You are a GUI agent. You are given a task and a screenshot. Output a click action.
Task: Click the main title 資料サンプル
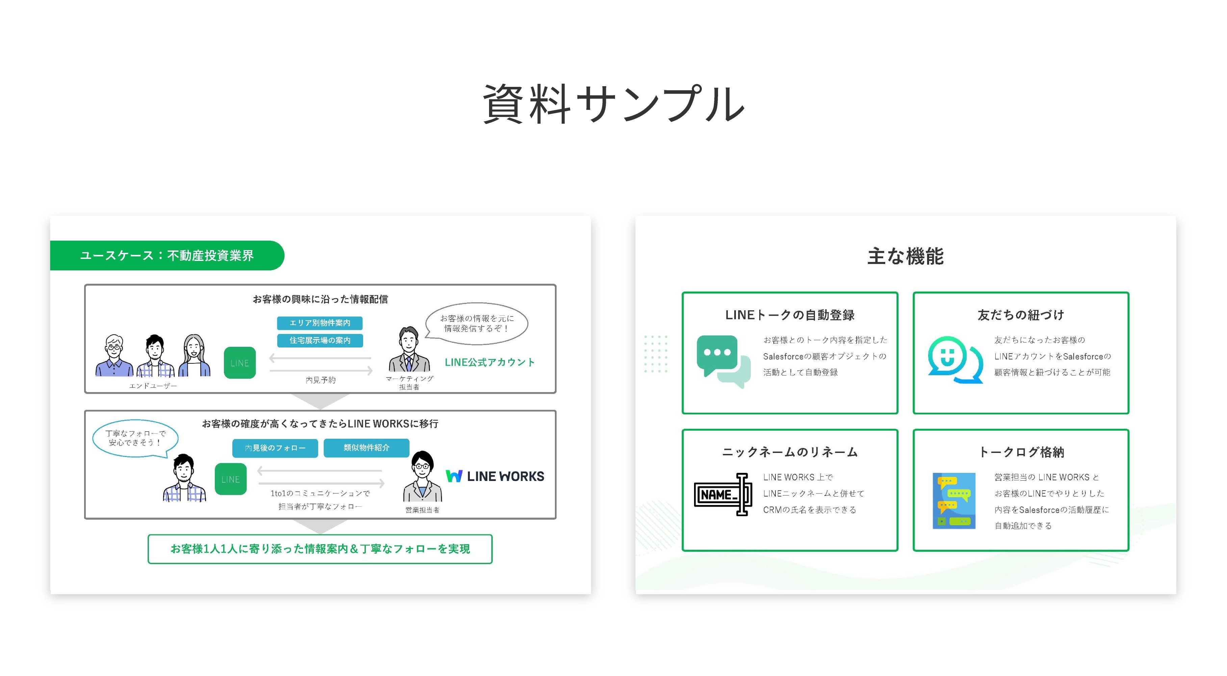click(x=613, y=103)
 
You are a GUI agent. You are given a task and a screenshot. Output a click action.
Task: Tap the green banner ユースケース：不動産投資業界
click(x=167, y=256)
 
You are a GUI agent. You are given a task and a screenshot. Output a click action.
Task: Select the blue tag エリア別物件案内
click(x=319, y=323)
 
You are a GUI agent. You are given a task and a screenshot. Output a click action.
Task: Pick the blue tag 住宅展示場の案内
click(x=319, y=340)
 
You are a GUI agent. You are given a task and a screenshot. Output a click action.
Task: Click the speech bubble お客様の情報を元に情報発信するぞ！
click(x=476, y=323)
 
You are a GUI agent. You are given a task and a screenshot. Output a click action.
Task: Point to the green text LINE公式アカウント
click(x=490, y=362)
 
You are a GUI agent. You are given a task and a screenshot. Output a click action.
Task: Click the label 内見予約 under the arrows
click(x=321, y=380)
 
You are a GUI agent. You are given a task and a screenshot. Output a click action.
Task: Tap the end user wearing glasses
click(x=114, y=356)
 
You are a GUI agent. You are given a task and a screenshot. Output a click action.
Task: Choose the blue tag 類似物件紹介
click(x=366, y=448)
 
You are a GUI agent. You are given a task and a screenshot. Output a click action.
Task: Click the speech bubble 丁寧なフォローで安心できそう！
click(x=136, y=438)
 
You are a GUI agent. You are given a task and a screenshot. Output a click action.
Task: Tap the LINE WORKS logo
click(x=495, y=476)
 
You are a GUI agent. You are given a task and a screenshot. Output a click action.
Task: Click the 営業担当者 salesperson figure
click(x=422, y=476)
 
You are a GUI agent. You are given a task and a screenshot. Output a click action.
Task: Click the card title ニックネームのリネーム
click(x=790, y=452)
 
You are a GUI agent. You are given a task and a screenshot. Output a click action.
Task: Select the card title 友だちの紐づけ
click(x=1021, y=315)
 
